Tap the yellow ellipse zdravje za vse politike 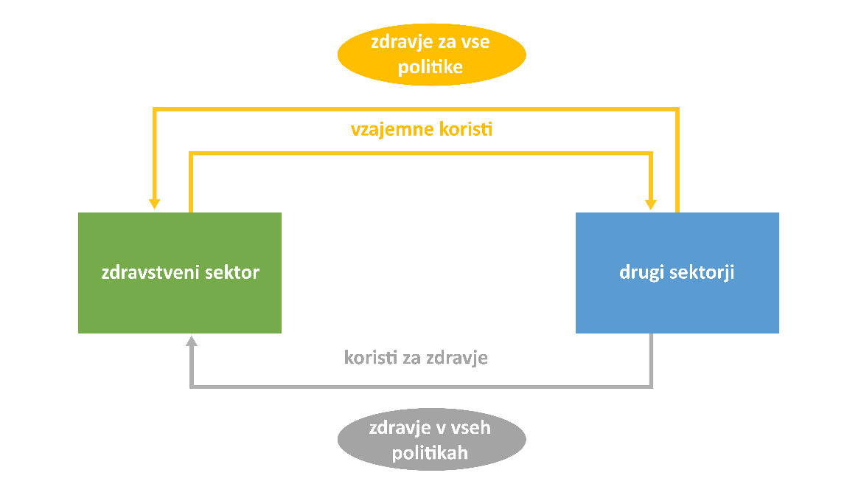click(x=431, y=55)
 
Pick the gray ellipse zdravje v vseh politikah click(x=431, y=440)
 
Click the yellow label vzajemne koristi click(x=421, y=130)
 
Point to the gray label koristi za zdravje click(x=416, y=359)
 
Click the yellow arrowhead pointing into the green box click(x=155, y=204)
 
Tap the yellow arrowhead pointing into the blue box click(x=651, y=204)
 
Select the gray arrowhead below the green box click(x=192, y=340)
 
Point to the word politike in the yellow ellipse click(x=431, y=67)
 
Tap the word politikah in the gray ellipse click(x=431, y=452)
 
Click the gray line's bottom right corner click(x=651, y=386)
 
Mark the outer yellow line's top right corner click(x=677, y=109)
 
